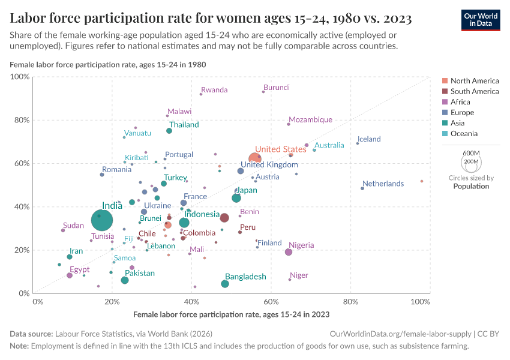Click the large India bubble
click(103, 220)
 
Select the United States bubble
click(256, 158)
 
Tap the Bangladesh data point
click(225, 284)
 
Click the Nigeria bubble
click(289, 252)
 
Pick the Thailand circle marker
click(169, 131)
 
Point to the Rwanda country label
click(214, 90)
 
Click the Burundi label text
click(277, 88)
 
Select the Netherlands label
click(383, 184)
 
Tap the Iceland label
click(369, 139)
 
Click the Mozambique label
click(310, 120)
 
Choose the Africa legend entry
click(461, 102)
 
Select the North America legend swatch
click(445, 81)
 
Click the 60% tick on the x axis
click(271, 301)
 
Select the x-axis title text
click(231, 314)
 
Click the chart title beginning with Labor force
click(211, 19)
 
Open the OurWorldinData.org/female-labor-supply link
click(399, 334)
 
